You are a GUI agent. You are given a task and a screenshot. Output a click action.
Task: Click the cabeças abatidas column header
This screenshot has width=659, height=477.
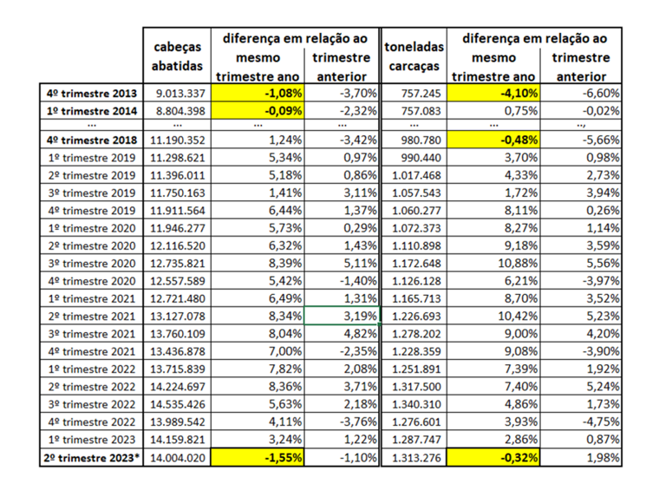click(x=177, y=56)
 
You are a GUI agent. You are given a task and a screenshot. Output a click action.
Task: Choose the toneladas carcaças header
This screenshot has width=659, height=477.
click(x=414, y=56)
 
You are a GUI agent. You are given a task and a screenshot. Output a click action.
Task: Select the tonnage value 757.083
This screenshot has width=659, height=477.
click(x=414, y=110)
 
